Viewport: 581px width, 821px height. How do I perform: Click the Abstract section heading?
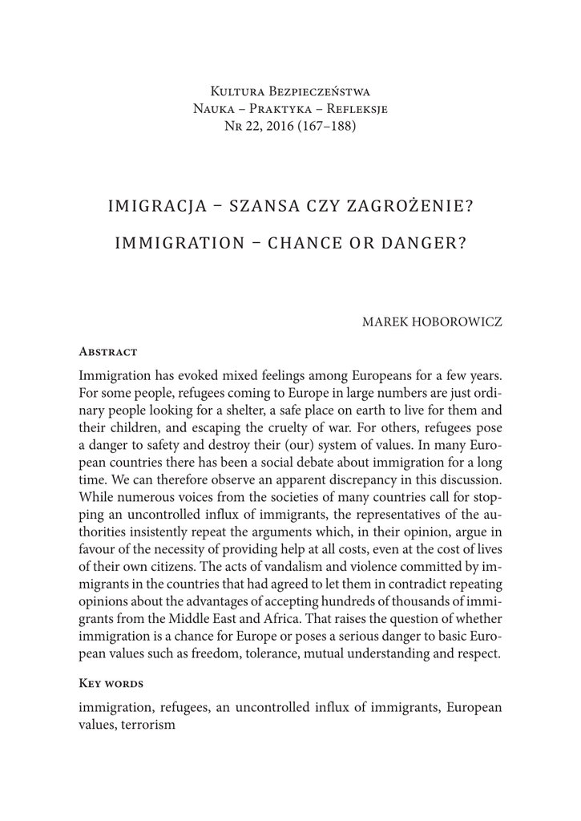pyautogui.click(x=108, y=351)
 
